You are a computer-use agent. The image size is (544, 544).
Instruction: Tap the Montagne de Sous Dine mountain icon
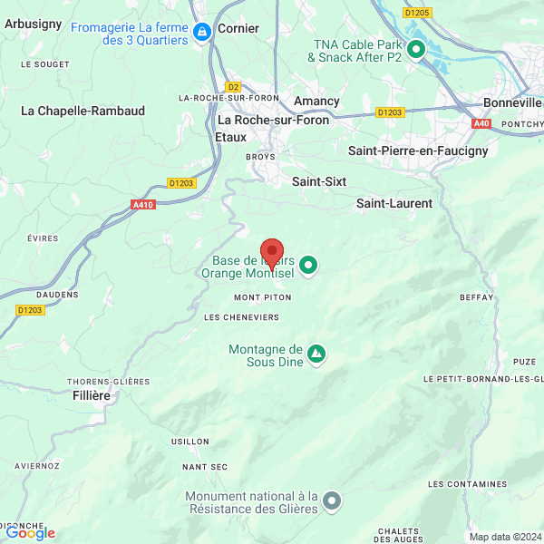pos(316,352)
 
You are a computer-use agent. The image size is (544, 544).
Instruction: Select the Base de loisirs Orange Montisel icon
pos(308,265)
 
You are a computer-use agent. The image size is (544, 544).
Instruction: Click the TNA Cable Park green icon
pos(416,50)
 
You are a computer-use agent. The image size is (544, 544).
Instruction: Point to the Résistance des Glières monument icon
pos(333,500)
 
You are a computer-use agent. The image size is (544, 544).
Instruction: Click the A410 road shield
pos(143,205)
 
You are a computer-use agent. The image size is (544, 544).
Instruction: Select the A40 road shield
pos(481,123)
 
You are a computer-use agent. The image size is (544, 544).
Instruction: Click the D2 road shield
pos(233,86)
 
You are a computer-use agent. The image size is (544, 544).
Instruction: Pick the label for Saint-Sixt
pos(319,181)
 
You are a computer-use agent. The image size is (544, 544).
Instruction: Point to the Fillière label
pos(91,395)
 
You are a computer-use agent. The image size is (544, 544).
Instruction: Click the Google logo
pos(29,533)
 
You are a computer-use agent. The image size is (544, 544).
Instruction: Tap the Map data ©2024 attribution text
pos(504,537)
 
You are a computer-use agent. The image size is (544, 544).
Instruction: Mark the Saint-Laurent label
pos(393,203)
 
